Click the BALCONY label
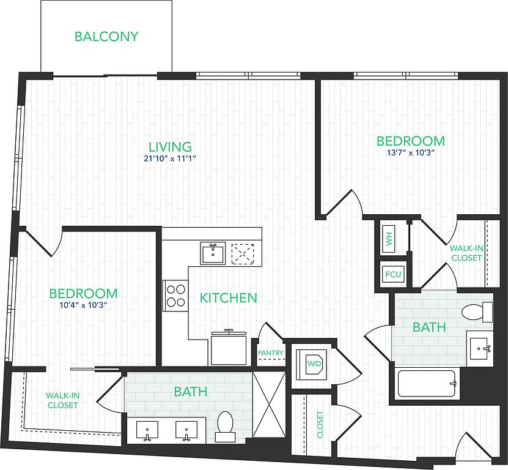click(106, 36)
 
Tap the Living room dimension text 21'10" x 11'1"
click(170, 159)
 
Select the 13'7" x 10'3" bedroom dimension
click(410, 152)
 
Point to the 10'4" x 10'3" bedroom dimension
click(83, 305)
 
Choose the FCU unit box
click(393, 274)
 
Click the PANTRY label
click(271, 352)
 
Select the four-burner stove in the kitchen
click(175, 296)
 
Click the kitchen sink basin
click(213, 253)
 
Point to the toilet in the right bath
click(477, 312)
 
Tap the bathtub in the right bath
click(427, 384)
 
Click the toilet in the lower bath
click(225, 427)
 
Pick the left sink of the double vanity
click(147, 430)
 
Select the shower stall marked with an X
click(269, 405)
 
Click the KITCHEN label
click(228, 298)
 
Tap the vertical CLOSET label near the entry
click(320, 425)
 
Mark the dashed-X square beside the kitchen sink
click(243, 253)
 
